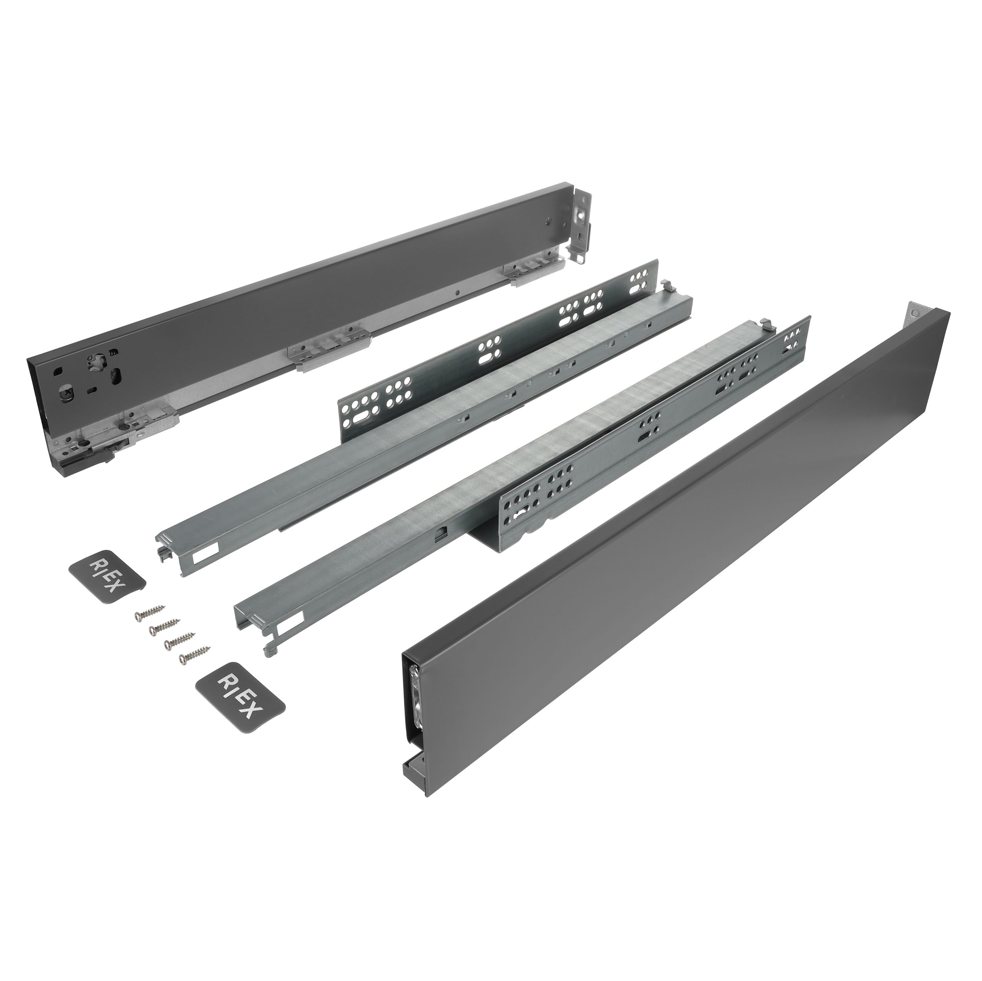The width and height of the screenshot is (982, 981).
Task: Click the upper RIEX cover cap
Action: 107,575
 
